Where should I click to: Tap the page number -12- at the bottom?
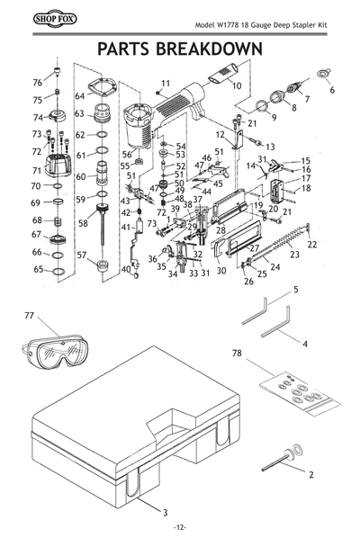click(180, 527)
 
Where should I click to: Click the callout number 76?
click(38, 83)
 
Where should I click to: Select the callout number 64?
click(79, 96)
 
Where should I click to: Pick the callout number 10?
click(237, 86)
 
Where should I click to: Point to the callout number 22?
click(312, 245)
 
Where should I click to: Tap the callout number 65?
click(39, 269)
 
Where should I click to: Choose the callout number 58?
click(83, 222)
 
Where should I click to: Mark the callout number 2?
click(311, 473)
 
